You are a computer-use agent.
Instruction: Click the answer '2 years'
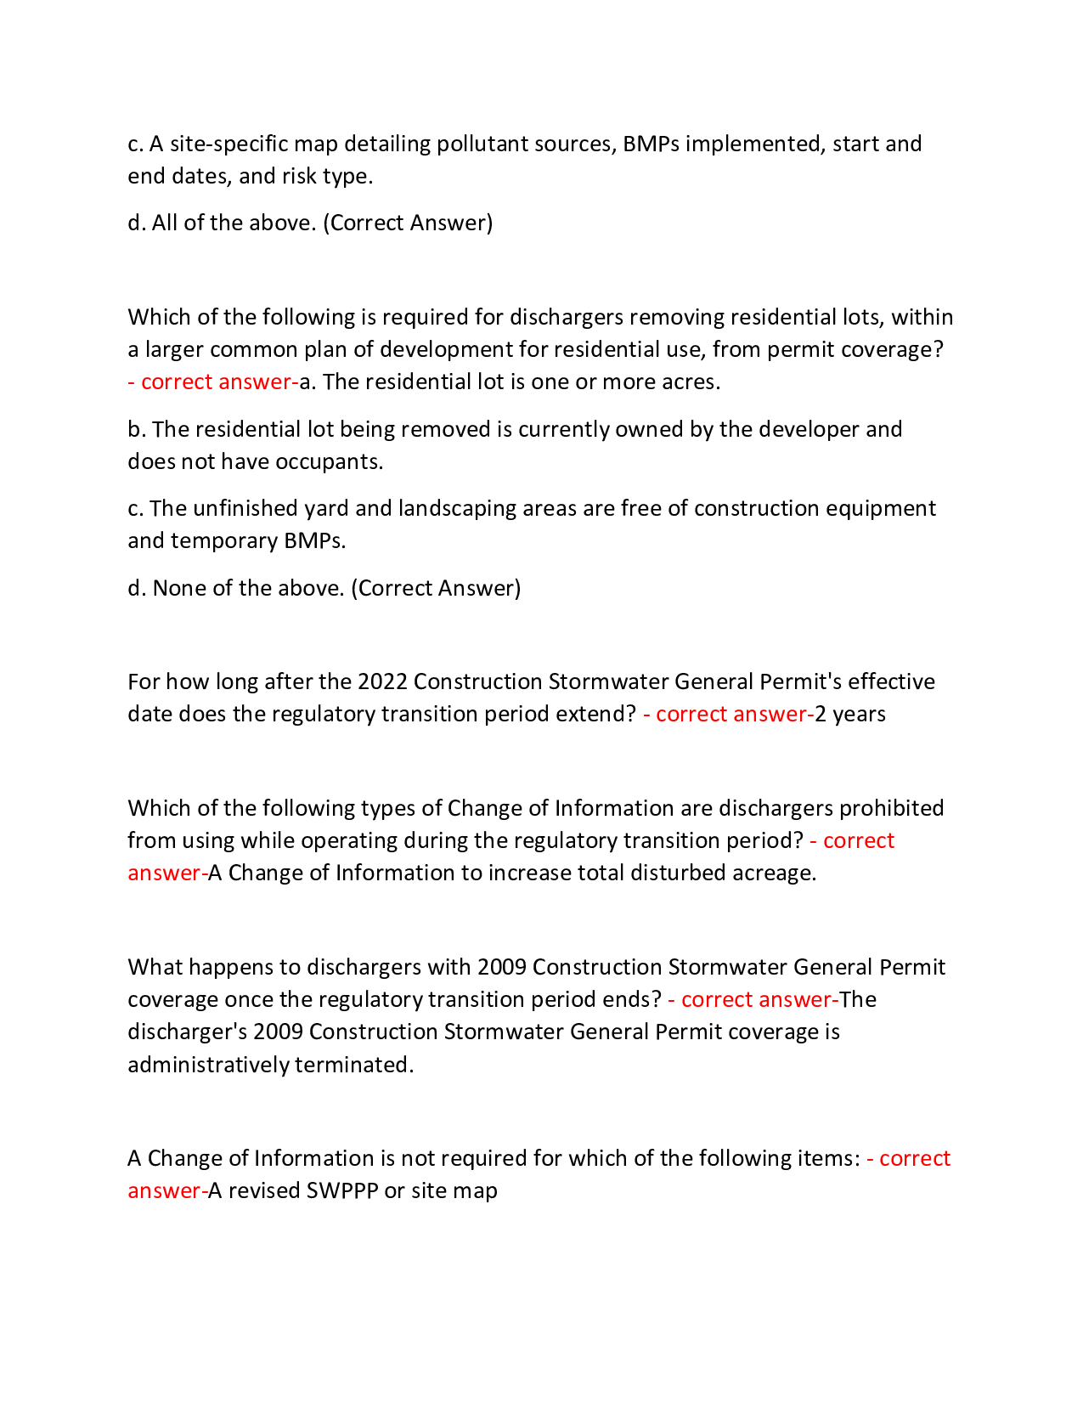point(849,714)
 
